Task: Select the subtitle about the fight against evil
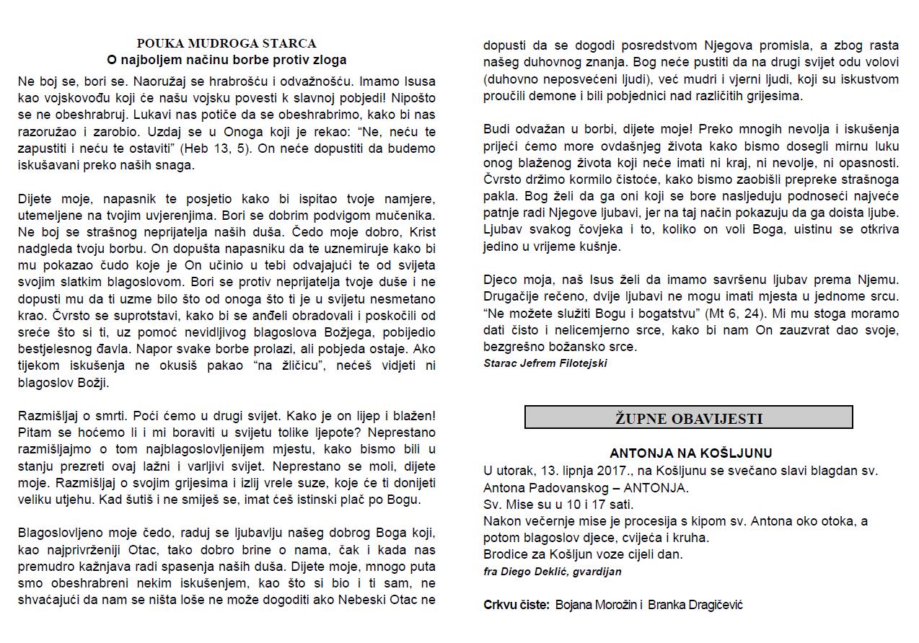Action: pyautogui.click(x=227, y=60)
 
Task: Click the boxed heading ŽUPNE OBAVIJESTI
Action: pyautogui.click(x=688, y=418)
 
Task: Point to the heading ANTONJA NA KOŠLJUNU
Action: pyautogui.click(x=690, y=453)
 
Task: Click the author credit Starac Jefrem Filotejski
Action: pyautogui.click(x=545, y=363)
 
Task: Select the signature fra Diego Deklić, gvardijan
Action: pyautogui.click(x=553, y=572)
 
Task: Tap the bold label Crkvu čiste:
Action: pyautogui.click(x=516, y=604)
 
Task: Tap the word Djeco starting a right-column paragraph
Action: pyautogui.click(x=501, y=279)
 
